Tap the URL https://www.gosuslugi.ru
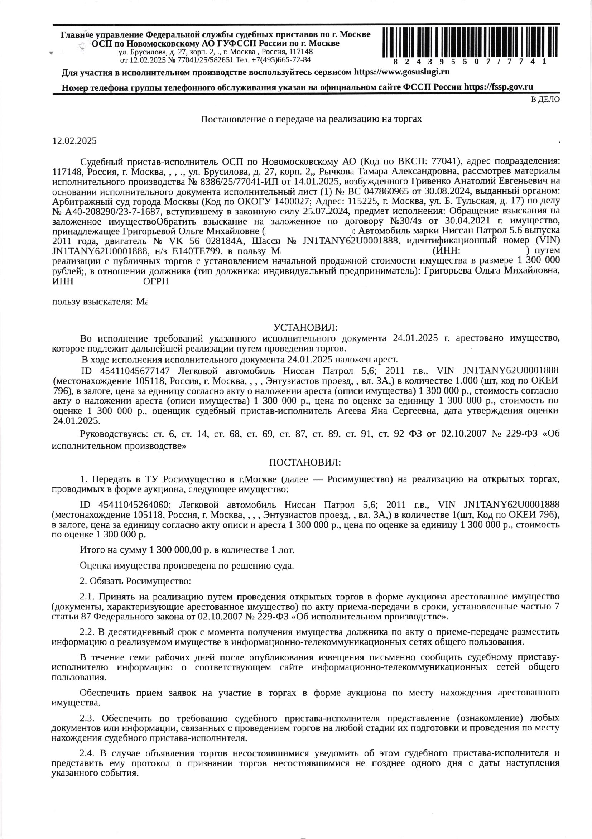click(402, 72)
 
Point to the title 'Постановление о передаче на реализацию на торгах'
click(312, 119)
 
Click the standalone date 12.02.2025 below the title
click(75, 141)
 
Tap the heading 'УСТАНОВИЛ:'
click(305, 327)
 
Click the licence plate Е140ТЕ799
click(190, 251)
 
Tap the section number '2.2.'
click(88, 632)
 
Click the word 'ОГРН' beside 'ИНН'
click(156, 282)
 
